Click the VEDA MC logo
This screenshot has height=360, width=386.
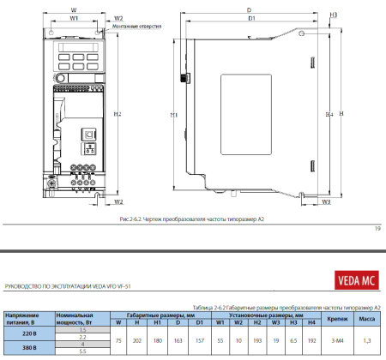(x=353, y=279)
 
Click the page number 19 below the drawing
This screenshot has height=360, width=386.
(x=377, y=229)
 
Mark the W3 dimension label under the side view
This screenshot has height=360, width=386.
(x=326, y=202)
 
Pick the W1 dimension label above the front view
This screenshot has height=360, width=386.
(x=74, y=17)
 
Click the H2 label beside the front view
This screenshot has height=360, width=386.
(x=118, y=114)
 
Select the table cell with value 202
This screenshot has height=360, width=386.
(x=137, y=340)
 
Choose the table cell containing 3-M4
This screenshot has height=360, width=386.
(x=337, y=340)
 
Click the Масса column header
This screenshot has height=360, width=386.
(x=366, y=318)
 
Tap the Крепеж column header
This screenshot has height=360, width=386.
(x=337, y=318)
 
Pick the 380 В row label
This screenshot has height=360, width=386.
(x=28, y=349)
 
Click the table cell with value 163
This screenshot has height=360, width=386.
(x=178, y=340)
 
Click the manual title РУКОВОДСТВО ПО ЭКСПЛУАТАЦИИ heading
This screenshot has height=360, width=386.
(x=68, y=285)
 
